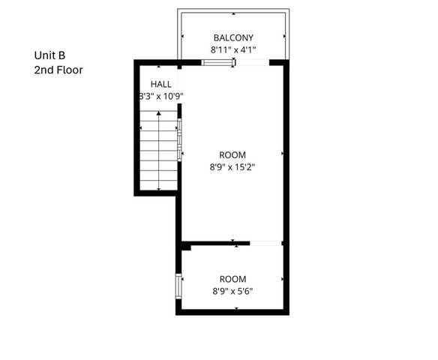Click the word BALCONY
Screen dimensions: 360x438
[x=233, y=37]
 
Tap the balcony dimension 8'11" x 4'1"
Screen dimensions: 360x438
[x=233, y=50]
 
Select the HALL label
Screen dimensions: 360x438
[x=160, y=83]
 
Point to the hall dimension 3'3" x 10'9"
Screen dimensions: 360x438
[x=160, y=96]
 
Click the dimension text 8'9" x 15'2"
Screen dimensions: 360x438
[x=232, y=167]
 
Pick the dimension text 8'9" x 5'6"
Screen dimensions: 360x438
[x=232, y=292]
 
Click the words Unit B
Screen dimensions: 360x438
[x=49, y=55]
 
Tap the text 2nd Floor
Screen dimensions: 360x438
[x=58, y=70]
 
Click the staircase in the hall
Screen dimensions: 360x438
[x=158, y=150]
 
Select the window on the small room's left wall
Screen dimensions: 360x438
[x=178, y=286]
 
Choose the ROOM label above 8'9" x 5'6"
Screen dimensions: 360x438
[x=232, y=279]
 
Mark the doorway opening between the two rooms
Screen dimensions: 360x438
[x=265, y=243]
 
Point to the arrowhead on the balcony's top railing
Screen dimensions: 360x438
[x=233, y=13]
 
